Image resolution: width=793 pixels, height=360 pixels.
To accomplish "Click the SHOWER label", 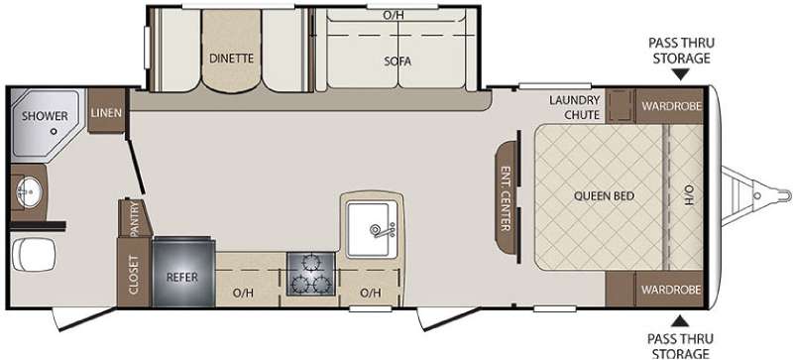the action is [45, 116].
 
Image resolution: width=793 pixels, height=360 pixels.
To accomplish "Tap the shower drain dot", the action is [54, 131].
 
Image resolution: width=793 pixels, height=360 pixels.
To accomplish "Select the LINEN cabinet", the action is [106, 111].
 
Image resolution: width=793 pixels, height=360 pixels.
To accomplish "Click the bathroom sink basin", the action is [29, 191].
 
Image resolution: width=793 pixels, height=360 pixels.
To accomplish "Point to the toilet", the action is [33, 255].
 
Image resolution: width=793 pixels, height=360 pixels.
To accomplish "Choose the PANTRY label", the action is [134, 219].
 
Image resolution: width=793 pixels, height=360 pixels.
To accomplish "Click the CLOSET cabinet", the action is [134, 273].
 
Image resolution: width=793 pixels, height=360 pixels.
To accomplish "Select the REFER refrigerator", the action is [183, 272].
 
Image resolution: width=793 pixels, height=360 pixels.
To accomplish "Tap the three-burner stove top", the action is [310, 274].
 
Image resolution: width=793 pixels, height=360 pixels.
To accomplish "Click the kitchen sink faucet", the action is [382, 230].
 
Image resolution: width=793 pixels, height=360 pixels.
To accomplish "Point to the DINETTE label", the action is [231, 59].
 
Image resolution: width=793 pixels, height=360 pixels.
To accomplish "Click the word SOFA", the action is [397, 61].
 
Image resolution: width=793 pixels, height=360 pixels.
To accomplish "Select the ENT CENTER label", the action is [505, 198].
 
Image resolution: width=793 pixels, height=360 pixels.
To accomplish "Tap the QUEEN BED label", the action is [604, 196].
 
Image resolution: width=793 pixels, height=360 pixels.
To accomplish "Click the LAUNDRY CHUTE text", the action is [575, 107].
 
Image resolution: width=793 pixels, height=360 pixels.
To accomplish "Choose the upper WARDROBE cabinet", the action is [669, 106].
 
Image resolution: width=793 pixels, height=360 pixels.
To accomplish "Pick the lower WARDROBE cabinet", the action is [669, 290].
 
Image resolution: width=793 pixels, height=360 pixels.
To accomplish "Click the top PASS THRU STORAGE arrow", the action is [680, 75].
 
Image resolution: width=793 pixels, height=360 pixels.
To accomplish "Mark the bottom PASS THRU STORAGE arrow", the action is [680, 320].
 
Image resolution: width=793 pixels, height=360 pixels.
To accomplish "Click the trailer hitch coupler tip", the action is [788, 195].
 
